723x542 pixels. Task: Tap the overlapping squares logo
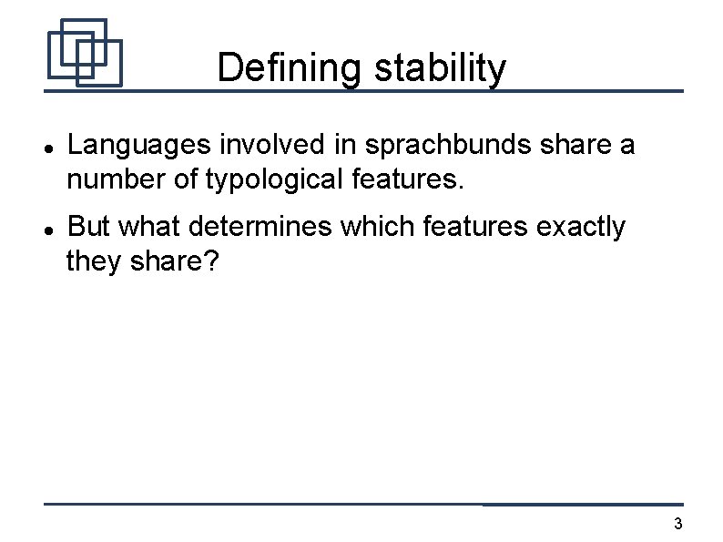pos(84,52)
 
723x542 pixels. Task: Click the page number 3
pos(677,524)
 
